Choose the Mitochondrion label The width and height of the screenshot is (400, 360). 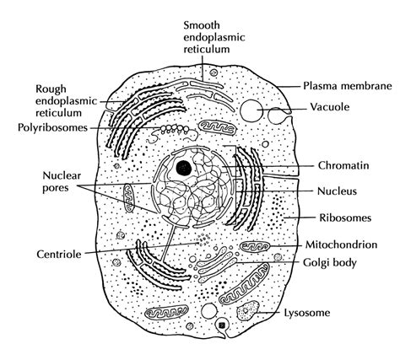tap(341, 244)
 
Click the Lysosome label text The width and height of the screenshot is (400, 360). tap(316, 314)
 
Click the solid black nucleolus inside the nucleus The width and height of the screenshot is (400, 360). tap(183, 165)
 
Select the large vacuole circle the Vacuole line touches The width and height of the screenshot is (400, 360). tap(252, 111)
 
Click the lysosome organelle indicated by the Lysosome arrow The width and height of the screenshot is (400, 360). tap(250, 313)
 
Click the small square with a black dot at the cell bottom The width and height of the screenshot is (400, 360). tap(222, 325)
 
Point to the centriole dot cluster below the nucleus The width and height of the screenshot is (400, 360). tap(200, 242)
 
